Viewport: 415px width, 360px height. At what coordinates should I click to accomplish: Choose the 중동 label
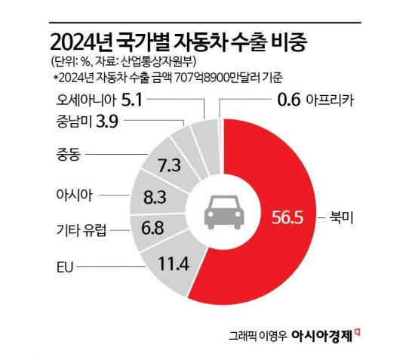click(x=69, y=155)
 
